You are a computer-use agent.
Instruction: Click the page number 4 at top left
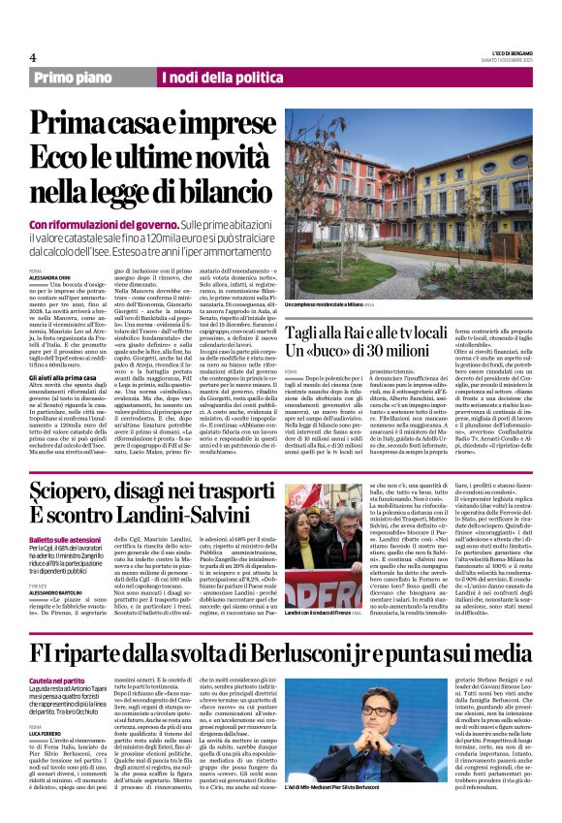click(33, 57)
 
